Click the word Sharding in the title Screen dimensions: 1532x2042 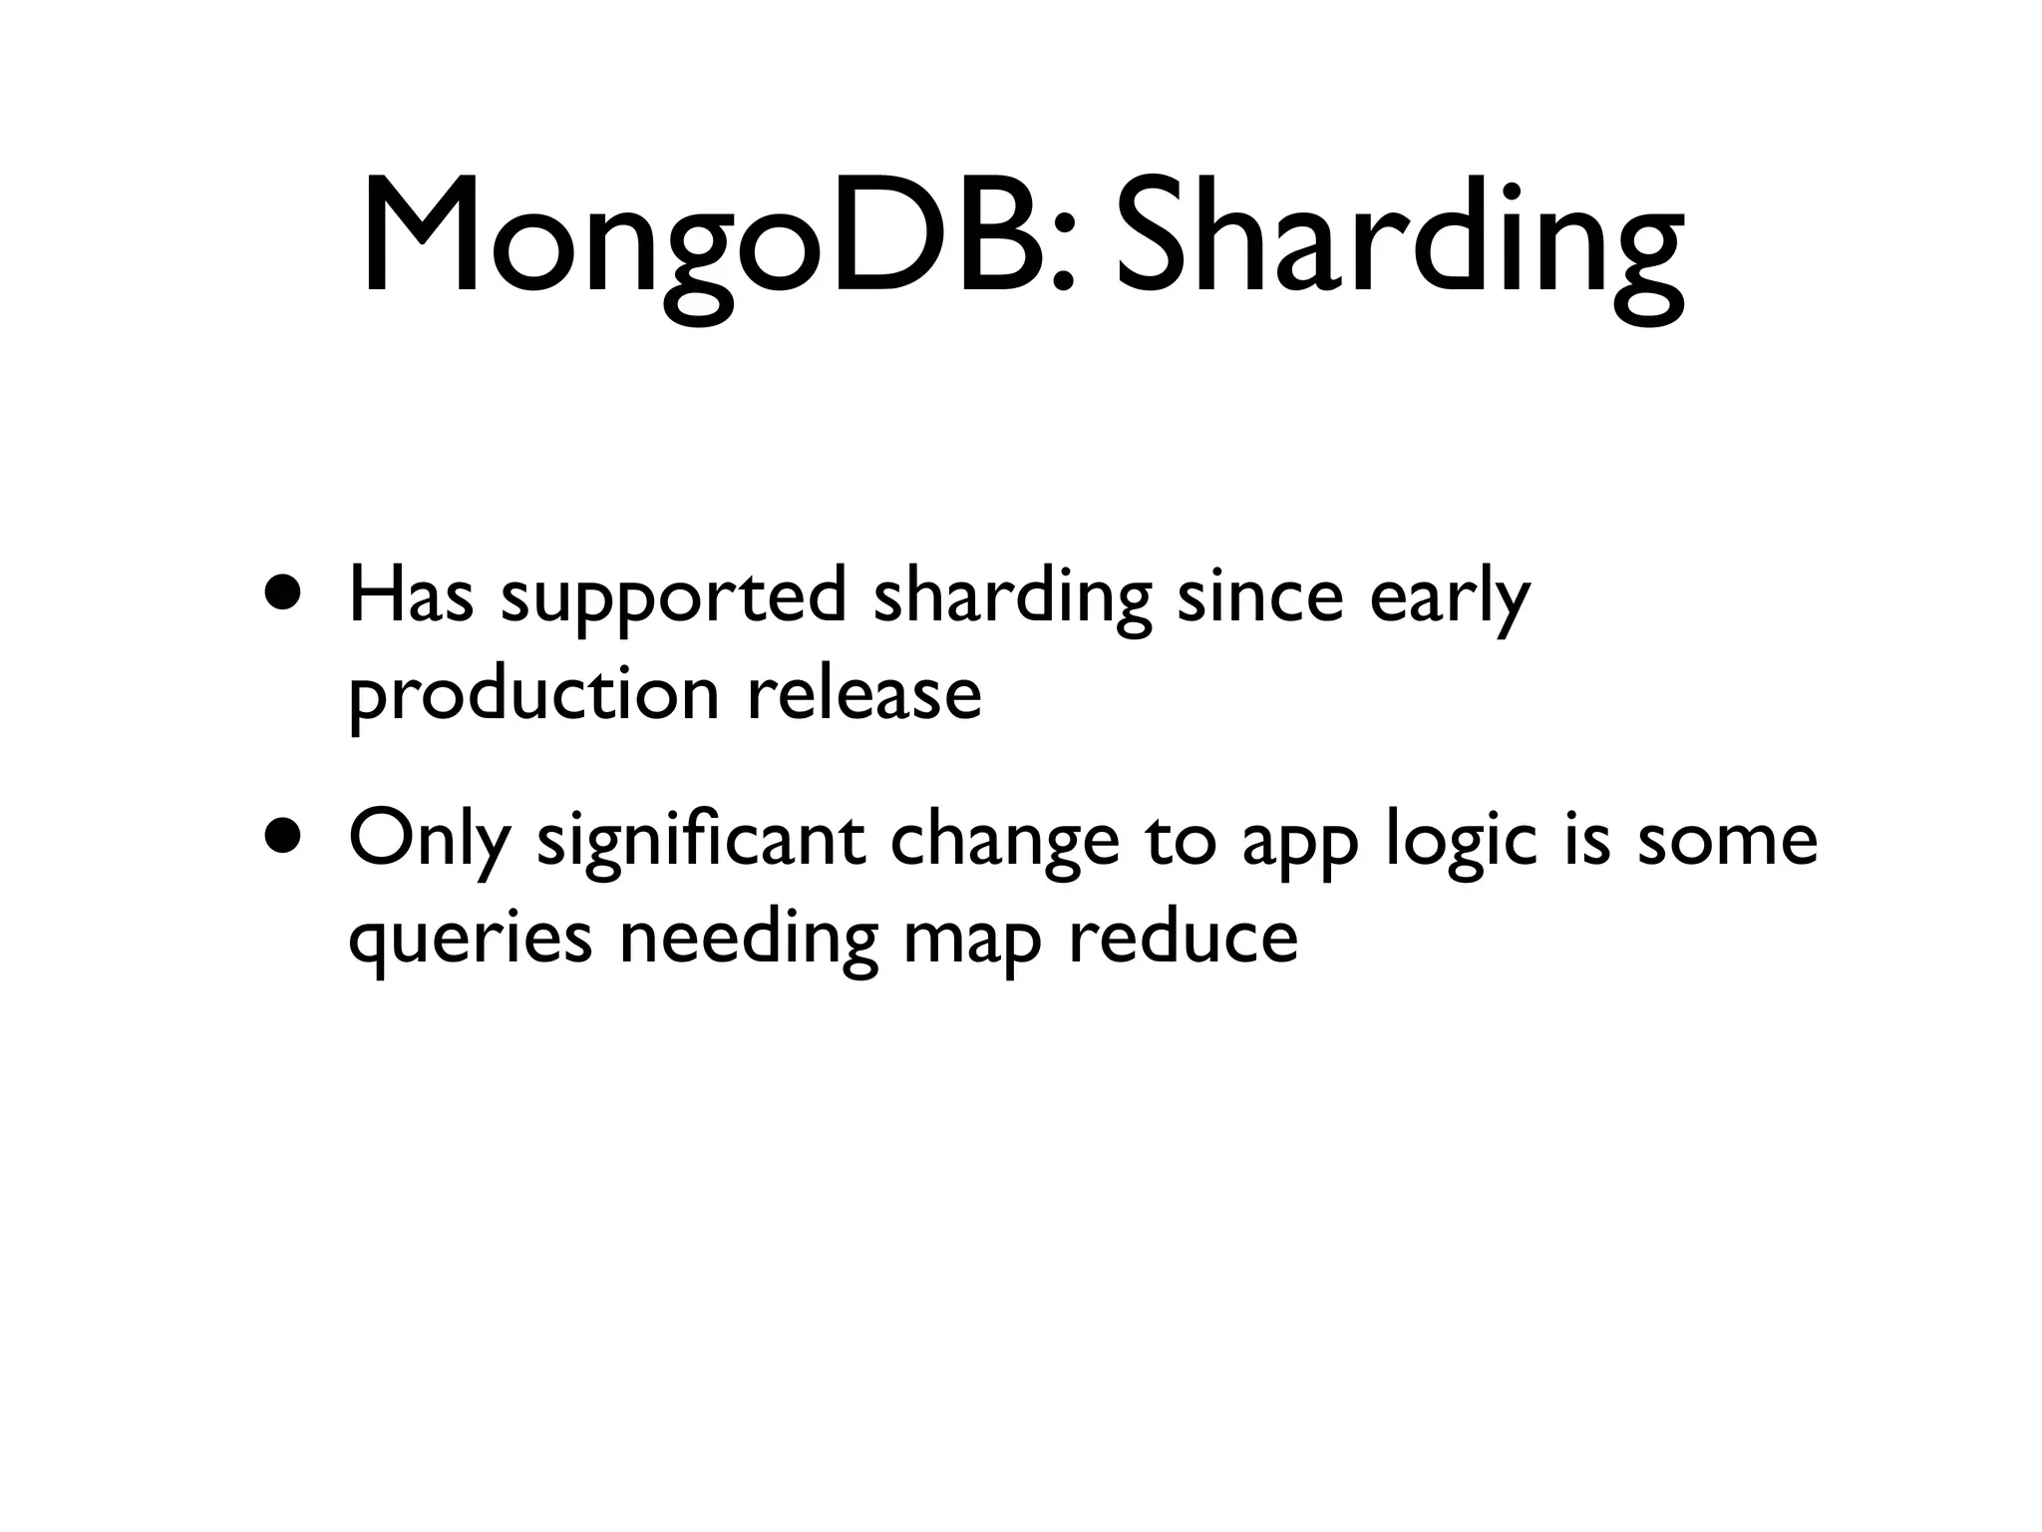pos(1396,239)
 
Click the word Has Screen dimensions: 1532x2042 pos(410,595)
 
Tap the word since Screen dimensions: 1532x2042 pos(1260,595)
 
